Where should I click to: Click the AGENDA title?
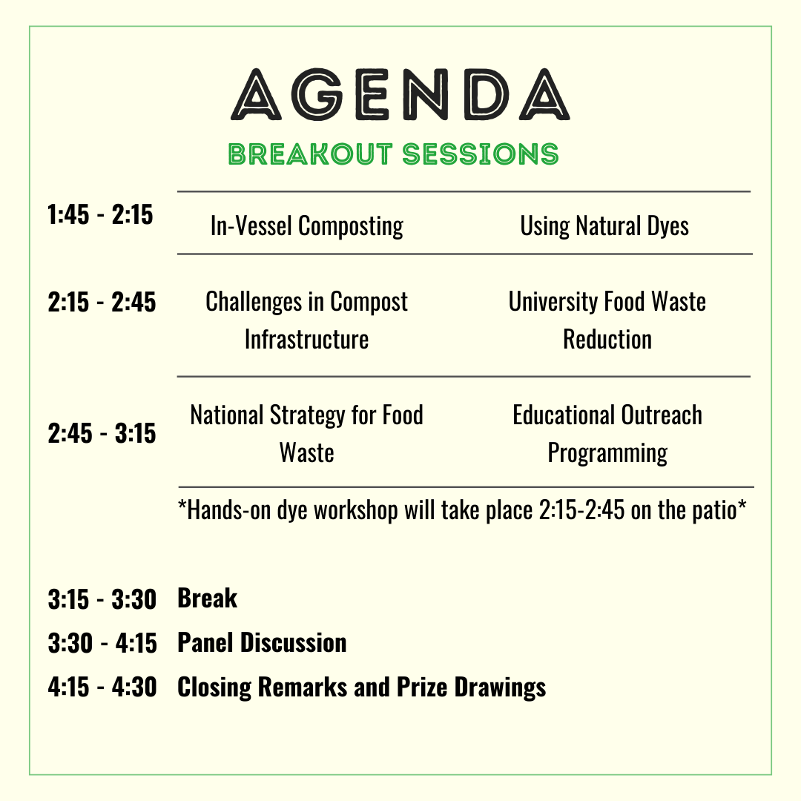[x=400, y=96]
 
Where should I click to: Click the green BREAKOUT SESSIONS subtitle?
[x=394, y=154]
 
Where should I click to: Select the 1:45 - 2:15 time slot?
[x=100, y=215]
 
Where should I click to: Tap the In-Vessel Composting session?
[x=307, y=225]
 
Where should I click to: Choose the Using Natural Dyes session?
[x=604, y=225]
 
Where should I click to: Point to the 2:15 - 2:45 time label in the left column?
[x=102, y=302]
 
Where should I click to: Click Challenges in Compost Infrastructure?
[x=307, y=320]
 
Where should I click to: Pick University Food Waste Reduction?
[x=607, y=320]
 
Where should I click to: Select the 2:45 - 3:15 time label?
[x=102, y=433]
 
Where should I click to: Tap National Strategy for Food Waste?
[x=307, y=433]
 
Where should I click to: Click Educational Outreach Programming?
[x=607, y=433]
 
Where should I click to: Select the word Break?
[x=208, y=599]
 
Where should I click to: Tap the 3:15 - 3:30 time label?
[x=102, y=599]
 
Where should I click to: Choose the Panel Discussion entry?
[x=262, y=642]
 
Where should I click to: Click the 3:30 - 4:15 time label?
[x=102, y=643]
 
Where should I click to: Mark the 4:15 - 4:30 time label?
[x=102, y=688]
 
